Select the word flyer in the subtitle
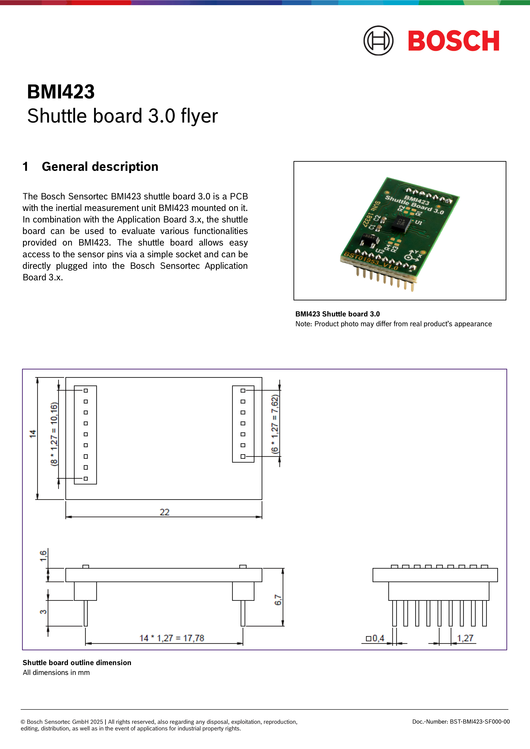pyautogui.click(x=199, y=116)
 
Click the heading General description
pyautogui.click(x=100, y=167)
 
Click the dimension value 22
pyautogui.click(x=164, y=512)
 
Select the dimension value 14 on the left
pyautogui.click(x=33, y=434)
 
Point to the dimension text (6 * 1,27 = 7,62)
pyautogui.click(x=275, y=424)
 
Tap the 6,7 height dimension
pyautogui.click(x=278, y=600)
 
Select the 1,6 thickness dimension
pyautogui.click(x=43, y=556)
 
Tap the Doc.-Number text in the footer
pyautogui.click(x=461, y=722)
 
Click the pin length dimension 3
pyautogui.click(x=43, y=612)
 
